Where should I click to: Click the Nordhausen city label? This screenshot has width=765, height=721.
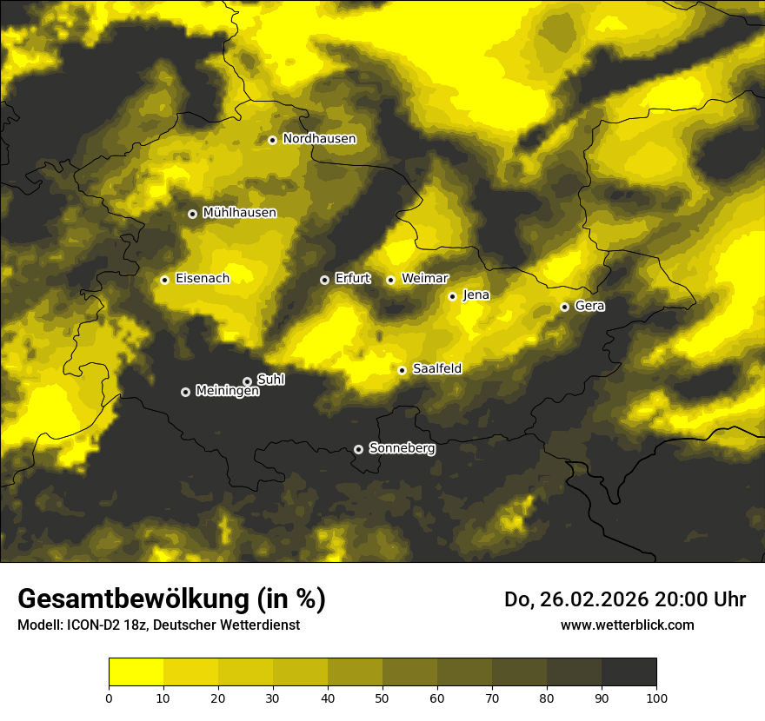[x=319, y=139]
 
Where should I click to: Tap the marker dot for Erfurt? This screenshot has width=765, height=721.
[x=325, y=280]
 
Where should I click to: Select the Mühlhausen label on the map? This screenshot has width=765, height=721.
[x=239, y=213]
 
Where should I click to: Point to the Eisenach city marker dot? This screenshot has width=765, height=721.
[x=164, y=280]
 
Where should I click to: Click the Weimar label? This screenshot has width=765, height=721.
[x=425, y=279]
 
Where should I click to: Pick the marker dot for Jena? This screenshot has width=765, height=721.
[x=452, y=296]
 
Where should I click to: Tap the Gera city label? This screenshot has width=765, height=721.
[x=589, y=306]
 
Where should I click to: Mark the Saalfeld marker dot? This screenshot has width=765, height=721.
[x=402, y=370]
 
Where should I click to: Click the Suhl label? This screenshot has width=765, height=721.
[x=270, y=380]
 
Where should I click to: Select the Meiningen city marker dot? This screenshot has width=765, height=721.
[x=185, y=392]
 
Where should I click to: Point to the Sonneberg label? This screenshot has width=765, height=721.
[x=402, y=448]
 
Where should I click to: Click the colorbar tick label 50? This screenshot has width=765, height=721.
[x=382, y=698]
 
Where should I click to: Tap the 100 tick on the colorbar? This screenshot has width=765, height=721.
[x=656, y=698]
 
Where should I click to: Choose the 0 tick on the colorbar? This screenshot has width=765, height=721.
[x=109, y=698]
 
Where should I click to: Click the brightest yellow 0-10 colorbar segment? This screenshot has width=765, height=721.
[x=136, y=672]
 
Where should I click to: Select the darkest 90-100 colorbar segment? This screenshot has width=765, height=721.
[x=629, y=672]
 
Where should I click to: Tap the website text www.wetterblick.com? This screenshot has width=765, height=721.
[x=628, y=625]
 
